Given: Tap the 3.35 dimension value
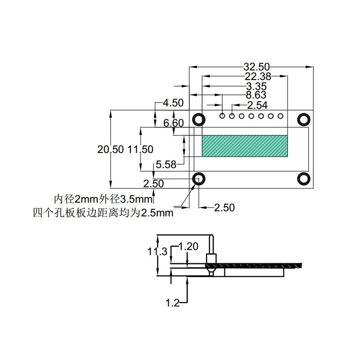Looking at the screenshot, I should point(256,86).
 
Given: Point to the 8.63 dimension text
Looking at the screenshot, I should point(256,95).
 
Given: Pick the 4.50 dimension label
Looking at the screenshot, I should point(173,103).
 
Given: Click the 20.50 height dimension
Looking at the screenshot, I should point(110,150).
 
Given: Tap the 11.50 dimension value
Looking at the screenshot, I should point(141,150).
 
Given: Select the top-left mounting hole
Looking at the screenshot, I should point(198,119).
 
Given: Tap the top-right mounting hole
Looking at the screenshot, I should point(304,119).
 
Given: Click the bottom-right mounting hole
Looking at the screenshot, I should point(304,179).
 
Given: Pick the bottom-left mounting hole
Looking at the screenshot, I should point(198,179).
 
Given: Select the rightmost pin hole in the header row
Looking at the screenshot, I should point(281,116).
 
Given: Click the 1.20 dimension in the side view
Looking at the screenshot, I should point(189,247).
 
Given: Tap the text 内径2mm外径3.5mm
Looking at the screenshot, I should point(104,199).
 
